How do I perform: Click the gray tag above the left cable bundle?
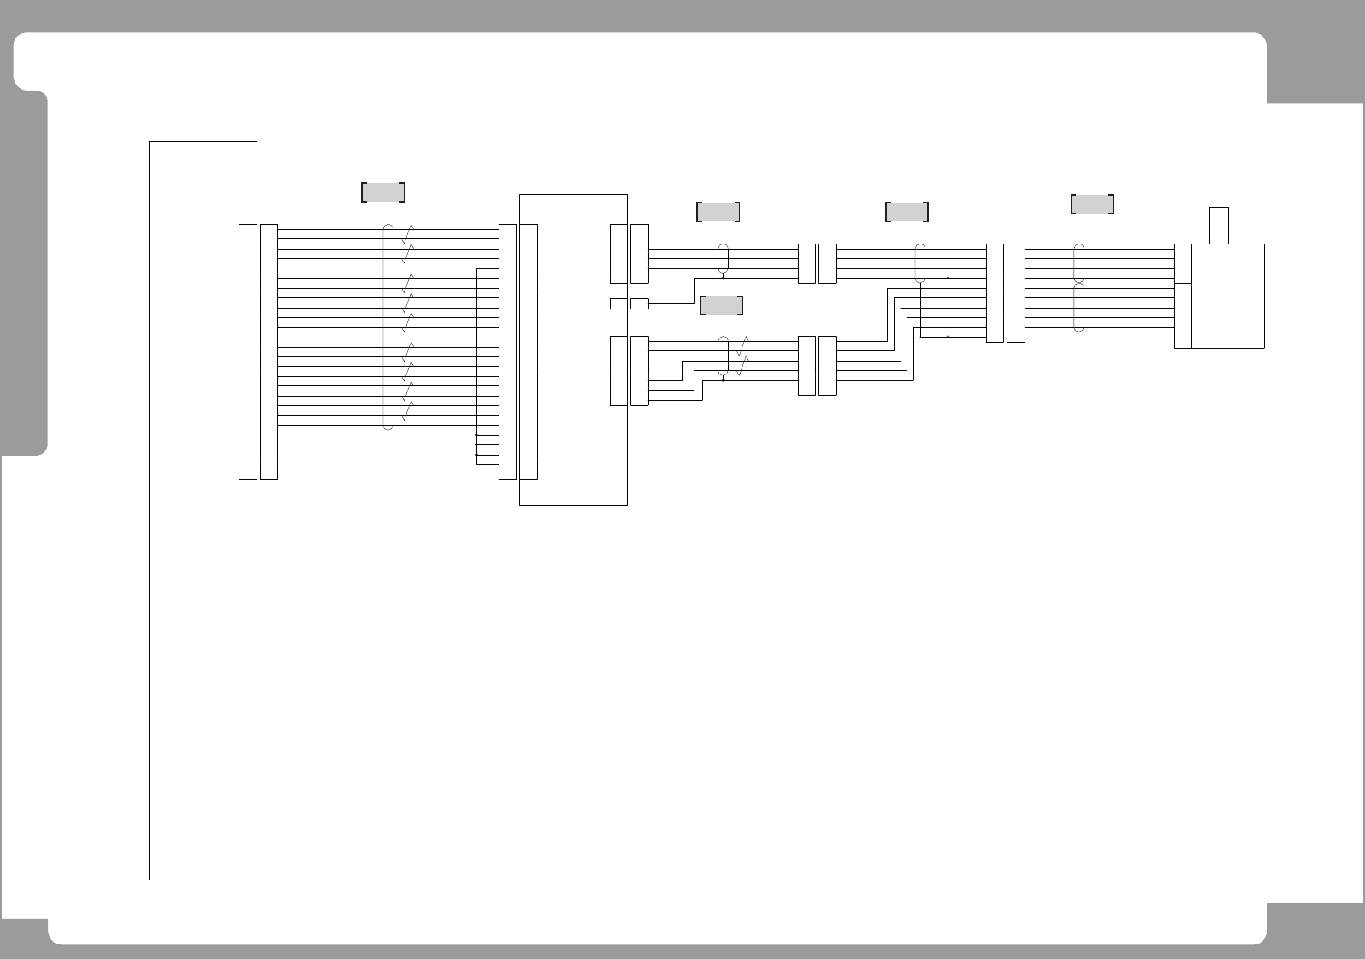coord(382,192)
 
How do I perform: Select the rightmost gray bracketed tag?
coord(1092,204)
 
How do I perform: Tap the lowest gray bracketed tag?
coord(721,305)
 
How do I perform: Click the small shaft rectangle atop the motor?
coord(1220,225)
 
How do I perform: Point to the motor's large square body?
coord(1228,296)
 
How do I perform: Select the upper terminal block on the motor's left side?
coord(1183,263)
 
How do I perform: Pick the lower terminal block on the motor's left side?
coord(1183,315)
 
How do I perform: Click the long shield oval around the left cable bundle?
coord(387,327)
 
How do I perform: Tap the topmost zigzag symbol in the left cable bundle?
coord(409,232)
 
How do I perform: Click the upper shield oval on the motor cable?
coord(1078,263)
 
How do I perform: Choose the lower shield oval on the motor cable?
coord(1078,308)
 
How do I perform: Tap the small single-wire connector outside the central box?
coord(640,303)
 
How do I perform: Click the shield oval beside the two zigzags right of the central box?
coord(724,356)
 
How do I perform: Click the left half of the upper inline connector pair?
coord(807,263)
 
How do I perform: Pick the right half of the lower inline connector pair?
coord(827,366)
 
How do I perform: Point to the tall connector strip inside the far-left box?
coord(247,351)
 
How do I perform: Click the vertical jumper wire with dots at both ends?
coord(948,307)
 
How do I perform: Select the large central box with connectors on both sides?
coord(573,350)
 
